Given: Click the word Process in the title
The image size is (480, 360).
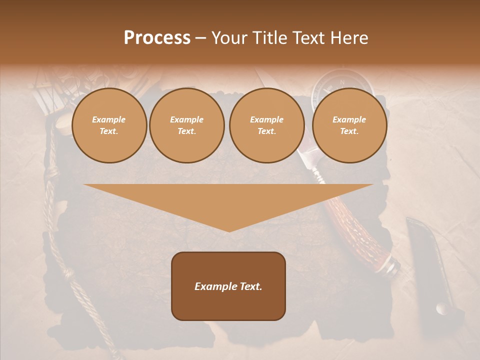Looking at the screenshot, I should click(x=157, y=37).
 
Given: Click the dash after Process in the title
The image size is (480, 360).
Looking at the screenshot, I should click(x=200, y=38).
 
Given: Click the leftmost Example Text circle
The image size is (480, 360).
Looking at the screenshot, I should click(x=109, y=125).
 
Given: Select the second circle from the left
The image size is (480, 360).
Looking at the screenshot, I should click(x=187, y=125).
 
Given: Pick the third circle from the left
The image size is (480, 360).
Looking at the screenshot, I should click(x=266, y=125).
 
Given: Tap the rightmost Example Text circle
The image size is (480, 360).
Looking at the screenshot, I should click(x=349, y=125).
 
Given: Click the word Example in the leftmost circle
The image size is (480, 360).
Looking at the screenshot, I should click(x=109, y=119).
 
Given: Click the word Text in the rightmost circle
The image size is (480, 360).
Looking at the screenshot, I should click(x=348, y=131).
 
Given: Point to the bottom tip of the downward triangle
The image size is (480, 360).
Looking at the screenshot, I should click(x=229, y=231).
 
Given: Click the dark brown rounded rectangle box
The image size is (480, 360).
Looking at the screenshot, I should click(x=228, y=286).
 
